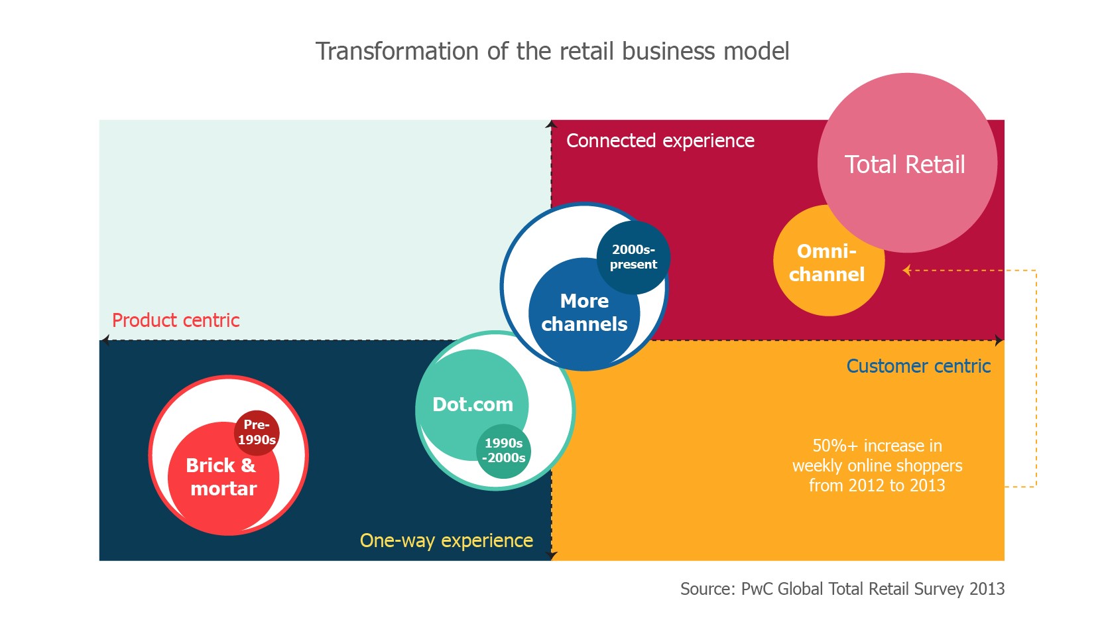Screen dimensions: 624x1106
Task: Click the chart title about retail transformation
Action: point(552,51)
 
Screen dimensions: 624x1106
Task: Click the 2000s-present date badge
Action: point(633,257)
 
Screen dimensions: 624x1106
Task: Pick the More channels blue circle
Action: point(584,313)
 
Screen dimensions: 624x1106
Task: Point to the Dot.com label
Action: point(473,405)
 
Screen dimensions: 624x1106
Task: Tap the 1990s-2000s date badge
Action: point(504,451)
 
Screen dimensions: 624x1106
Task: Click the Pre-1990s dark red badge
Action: point(257,432)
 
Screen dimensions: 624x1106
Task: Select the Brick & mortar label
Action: point(222,477)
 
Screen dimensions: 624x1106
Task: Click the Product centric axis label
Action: point(176,320)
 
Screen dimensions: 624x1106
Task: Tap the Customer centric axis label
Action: point(918,366)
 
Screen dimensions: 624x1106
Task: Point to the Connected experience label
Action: point(660,141)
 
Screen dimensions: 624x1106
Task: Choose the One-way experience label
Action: point(446,540)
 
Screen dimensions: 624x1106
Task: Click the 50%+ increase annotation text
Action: point(877,466)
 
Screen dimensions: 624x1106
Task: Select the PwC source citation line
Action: point(842,589)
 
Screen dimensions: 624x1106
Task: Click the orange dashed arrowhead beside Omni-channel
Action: point(906,270)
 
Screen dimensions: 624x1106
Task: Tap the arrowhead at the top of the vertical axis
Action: point(551,124)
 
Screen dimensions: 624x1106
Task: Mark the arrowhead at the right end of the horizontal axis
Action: point(999,340)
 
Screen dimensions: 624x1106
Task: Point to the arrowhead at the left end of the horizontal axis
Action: point(104,340)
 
